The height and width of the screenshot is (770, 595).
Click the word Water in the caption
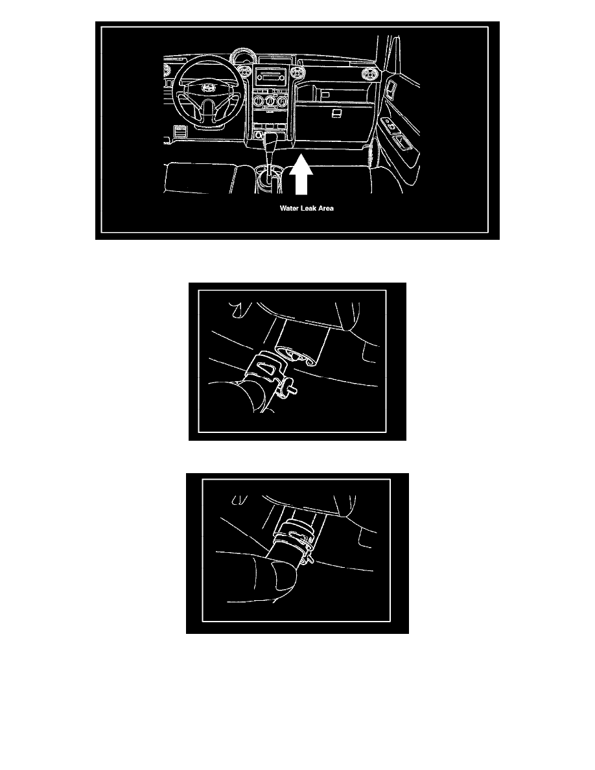tap(288, 208)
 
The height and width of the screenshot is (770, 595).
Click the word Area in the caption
tap(326, 208)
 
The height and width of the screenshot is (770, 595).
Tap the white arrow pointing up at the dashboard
tap(301, 174)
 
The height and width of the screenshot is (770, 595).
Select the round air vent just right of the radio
tap(296, 74)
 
